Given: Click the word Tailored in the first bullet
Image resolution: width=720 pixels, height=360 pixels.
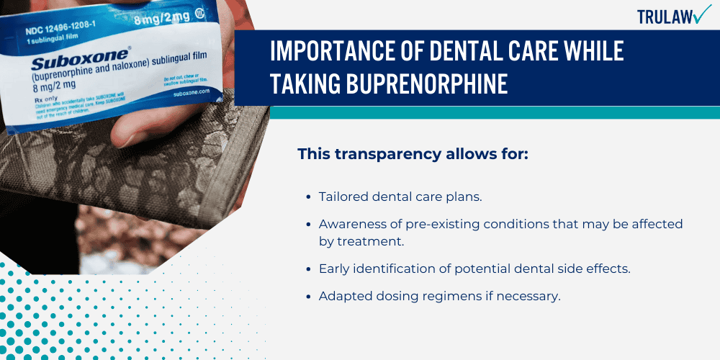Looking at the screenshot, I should point(343,197).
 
